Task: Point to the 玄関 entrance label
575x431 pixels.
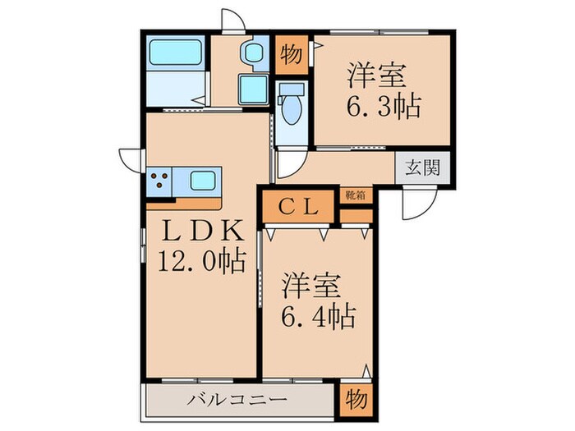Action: (422, 168)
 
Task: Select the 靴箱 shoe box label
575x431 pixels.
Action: (355, 195)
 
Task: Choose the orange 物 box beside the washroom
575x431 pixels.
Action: (290, 54)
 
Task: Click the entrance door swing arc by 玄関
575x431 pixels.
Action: (417, 208)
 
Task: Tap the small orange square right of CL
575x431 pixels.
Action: (355, 216)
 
